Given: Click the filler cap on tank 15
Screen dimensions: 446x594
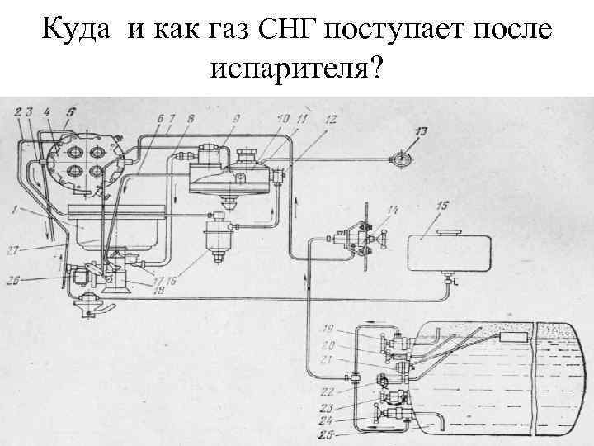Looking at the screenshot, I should (x=450, y=230).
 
